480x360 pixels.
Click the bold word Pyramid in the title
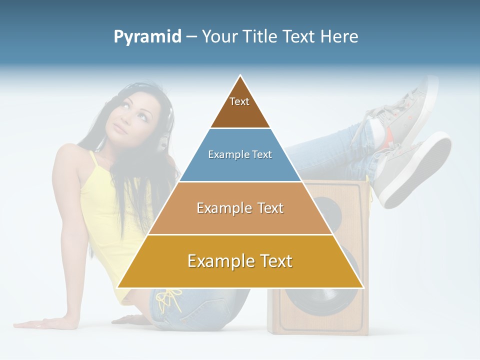point(147,37)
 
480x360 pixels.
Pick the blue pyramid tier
point(240,155)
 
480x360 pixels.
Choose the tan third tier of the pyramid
point(240,208)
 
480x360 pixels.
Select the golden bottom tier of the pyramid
point(240,261)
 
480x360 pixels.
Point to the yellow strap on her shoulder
point(93,160)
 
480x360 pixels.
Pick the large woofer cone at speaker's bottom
point(325,295)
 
